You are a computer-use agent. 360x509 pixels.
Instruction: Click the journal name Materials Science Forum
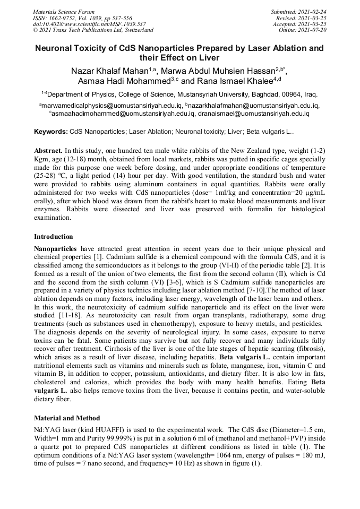tap(64, 11)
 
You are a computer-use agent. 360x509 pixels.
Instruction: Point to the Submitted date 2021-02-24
tap(298, 11)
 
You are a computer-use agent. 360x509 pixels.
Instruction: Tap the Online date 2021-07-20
tap(303, 30)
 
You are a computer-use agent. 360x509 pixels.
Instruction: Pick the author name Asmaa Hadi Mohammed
tap(120, 81)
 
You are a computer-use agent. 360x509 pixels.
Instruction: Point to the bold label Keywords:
tap(51, 131)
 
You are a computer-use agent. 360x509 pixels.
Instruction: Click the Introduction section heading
tap(54, 236)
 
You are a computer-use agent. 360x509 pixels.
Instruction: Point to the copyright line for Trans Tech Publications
tap(93, 30)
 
